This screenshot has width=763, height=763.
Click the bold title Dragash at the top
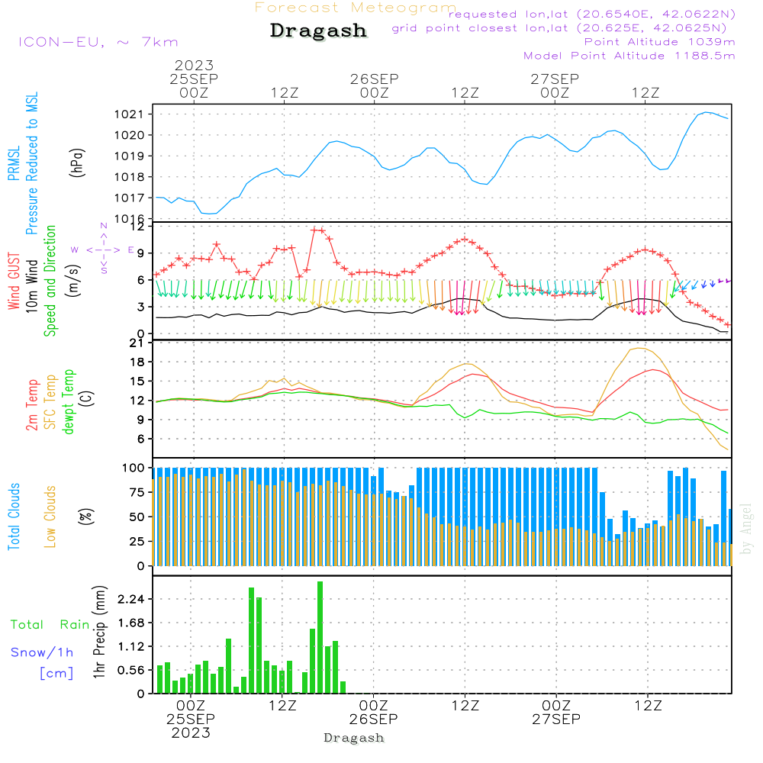(x=318, y=31)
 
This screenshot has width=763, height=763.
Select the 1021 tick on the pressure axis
(x=129, y=114)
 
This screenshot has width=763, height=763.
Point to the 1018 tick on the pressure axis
(x=129, y=177)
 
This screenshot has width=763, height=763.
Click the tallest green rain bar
(x=320, y=637)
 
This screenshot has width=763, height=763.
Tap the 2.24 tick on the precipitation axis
(x=131, y=599)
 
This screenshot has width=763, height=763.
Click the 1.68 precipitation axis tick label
(x=131, y=623)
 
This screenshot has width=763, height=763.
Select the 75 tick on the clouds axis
(x=137, y=492)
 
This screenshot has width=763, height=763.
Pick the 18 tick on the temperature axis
(x=137, y=362)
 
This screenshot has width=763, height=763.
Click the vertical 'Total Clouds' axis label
(x=14, y=517)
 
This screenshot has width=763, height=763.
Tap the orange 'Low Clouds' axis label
(x=50, y=517)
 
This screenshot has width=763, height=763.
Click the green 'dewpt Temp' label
(x=68, y=401)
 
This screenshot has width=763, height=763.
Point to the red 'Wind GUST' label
(x=14, y=281)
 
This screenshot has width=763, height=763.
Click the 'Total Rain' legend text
(x=50, y=625)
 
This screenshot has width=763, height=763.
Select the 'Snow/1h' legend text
(x=42, y=652)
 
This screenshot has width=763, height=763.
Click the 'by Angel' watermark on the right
(x=746, y=529)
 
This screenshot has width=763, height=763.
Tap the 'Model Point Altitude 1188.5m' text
(x=629, y=56)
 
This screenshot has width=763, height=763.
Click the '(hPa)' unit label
(x=77, y=163)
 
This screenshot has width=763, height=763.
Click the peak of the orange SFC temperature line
(x=638, y=348)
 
